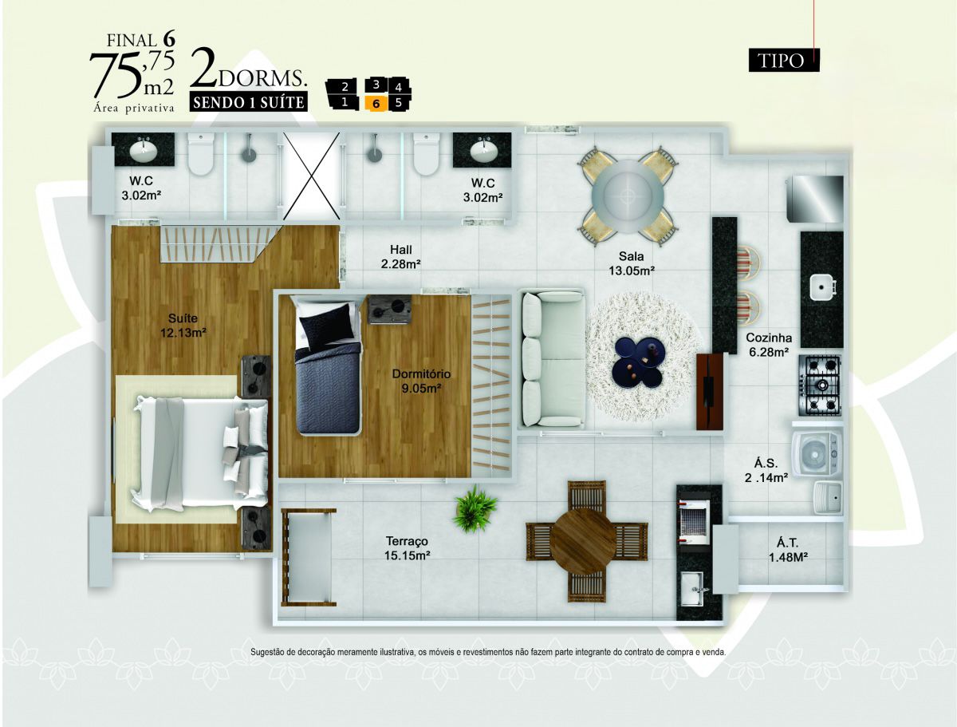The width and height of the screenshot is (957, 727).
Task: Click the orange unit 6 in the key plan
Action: pyautogui.click(x=375, y=104)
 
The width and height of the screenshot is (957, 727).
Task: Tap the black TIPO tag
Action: pyautogui.click(x=783, y=60)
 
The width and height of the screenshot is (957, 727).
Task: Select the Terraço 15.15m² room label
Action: pyautogui.click(x=407, y=548)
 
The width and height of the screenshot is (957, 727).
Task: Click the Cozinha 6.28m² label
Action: pyautogui.click(x=768, y=345)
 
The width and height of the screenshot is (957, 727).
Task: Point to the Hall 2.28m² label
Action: pyautogui.click(x=400, y=256)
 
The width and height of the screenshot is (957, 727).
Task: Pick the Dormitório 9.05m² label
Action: pyautogui.click(x=421, y=381)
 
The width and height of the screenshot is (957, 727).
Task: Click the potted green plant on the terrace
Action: pyautogui.click(x=475, y=509)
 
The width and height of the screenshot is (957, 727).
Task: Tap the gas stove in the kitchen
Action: pyautogui.click(x=820, y=385)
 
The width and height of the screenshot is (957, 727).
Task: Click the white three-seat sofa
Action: pyautogui.click(x=553, y=358)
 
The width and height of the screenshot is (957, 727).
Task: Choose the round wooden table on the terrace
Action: pyautogui.click(x=585, y=541)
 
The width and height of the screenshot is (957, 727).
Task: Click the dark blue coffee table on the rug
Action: pyautogui.click(x=639, y=362)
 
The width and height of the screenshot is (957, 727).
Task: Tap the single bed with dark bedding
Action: pyautogui.click(x=328, y=365)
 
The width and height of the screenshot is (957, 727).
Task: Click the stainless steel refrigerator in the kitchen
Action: pyautogui.click(x=814, y=199)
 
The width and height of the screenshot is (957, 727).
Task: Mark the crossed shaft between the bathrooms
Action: pyautogui.click(x=311, y=176)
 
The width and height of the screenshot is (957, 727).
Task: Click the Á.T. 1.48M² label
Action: pyautogui.click(x=787, y=550)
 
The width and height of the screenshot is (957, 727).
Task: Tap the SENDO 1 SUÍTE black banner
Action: pyautogui.click(x=249, y=102)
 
